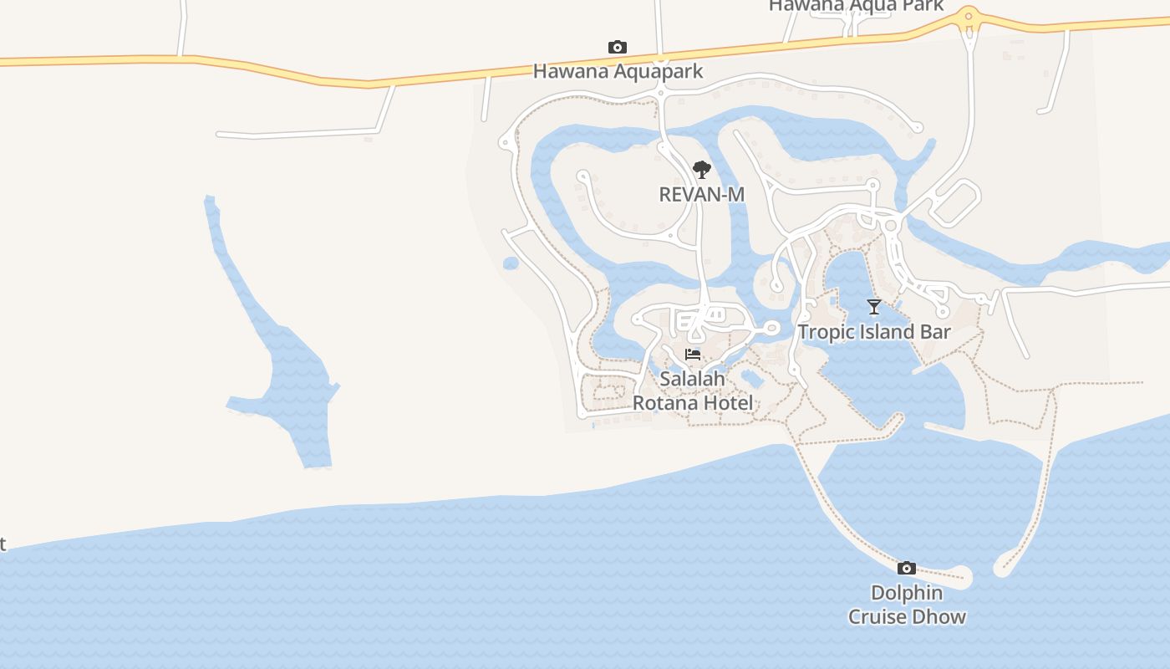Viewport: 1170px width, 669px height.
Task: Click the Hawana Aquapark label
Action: (x=618, y=71)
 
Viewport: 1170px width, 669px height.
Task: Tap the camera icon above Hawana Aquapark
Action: (x=618, y=48)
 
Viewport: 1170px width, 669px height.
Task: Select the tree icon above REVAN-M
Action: (x=702, y=171)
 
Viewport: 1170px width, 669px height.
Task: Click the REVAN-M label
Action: (x=701, y=194)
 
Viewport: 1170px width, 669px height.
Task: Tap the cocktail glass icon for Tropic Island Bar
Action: (x=874, y=307)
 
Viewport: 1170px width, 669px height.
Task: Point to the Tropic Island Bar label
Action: (x=874, y=331)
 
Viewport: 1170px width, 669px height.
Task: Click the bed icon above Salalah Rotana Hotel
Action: (x=693, y=355)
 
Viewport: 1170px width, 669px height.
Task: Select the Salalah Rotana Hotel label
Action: (x=693, y=391)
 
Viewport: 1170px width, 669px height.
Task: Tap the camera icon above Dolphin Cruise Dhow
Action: (x=907, y=569)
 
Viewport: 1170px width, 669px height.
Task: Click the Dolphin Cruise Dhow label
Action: (x=907, y=605)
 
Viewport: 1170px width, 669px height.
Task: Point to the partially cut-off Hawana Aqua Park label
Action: (x=856, y=6)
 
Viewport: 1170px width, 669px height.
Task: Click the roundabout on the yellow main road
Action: (x=969, y=15)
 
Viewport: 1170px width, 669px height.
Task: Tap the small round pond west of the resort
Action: (x=511, y=263)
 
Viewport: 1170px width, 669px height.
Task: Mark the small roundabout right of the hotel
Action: (x=771, y=328)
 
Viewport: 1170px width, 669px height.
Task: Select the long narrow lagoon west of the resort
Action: (x=276, y=351)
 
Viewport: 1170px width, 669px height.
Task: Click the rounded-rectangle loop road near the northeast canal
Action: (x=956, y=203)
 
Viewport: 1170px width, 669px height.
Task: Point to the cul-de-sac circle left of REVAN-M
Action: (x=583, y=176)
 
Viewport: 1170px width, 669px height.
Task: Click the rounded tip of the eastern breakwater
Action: (x=1003, y=569)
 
